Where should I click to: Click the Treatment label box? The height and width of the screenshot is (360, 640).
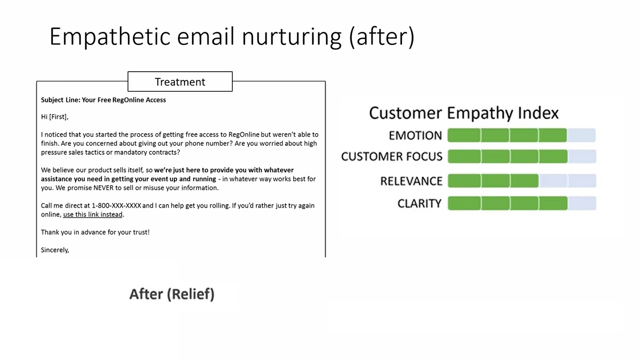click(180, 82)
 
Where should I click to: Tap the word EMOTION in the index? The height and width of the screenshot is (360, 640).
click(416, 135)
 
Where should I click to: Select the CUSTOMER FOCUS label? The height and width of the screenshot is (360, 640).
click(392, 157)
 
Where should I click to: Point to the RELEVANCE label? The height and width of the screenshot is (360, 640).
click(411, 181)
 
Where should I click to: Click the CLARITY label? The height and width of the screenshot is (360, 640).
click(419, 203)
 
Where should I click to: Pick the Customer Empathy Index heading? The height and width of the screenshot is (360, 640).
click(464, 112)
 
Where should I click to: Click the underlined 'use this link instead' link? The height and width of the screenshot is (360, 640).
click(93, 215)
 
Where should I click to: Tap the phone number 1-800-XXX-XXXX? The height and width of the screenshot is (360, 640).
click(116, 206)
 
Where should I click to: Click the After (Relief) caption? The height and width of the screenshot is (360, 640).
click(172, 294)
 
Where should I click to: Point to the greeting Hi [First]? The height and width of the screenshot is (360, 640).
click(54, 117)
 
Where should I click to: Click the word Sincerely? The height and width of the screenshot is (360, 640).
click(55, 250)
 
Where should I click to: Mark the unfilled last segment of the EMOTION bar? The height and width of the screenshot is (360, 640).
click(582, 135)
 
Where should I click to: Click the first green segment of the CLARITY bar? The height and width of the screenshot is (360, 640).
click(464, 203)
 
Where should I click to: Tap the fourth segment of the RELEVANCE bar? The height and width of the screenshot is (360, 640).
click(553, 181)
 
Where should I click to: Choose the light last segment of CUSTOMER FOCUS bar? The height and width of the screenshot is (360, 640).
click(582, 157)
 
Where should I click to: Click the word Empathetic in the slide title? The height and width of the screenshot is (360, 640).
click(110, 37)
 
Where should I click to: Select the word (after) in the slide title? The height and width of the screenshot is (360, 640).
click(382, 37)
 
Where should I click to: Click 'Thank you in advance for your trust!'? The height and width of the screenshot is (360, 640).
click(95, 232)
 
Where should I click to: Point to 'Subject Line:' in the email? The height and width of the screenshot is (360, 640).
click(60, 100)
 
